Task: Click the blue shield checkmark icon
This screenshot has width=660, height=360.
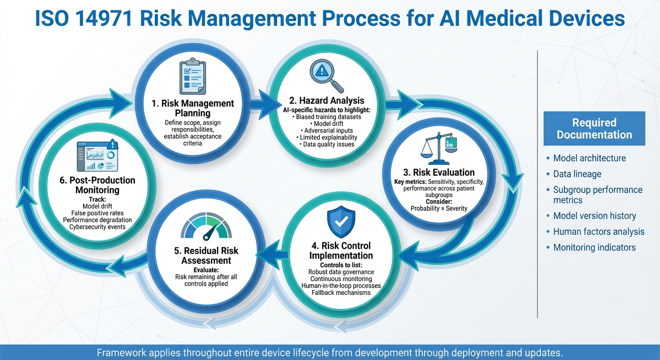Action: (x=341, y=222)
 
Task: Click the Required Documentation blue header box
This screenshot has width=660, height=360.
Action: (x=594, y=128)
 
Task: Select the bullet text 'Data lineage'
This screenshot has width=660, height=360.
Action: (x=577, y=174)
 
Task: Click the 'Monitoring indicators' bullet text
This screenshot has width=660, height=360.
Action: (x=594, y=247)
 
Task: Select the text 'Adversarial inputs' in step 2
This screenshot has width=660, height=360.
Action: (x=328, y=130)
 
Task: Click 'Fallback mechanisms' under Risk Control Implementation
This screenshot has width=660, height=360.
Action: (x=341, y=292)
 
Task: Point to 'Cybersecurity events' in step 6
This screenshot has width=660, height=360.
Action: (x=97, y=227)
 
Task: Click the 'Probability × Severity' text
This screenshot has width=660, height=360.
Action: (x=439, y=208)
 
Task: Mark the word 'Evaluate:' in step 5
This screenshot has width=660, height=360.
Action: (x=206, y=270)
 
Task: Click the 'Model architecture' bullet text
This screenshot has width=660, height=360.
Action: (x=589, y=158)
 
